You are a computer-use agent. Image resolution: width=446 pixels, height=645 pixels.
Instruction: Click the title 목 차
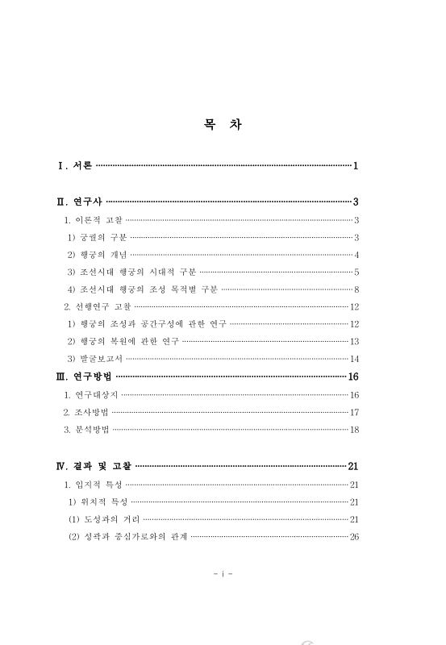point(223,126)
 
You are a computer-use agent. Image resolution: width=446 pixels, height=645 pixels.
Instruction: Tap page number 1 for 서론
point(355,166)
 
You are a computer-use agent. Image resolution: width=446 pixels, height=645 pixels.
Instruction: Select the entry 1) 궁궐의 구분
point(97,237)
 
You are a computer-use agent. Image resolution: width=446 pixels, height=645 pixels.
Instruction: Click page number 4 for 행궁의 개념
point(356,255)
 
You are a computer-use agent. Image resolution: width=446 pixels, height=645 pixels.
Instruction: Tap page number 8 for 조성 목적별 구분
point(356,289)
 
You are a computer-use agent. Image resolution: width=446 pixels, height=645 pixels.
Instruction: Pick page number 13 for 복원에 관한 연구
point(354,341)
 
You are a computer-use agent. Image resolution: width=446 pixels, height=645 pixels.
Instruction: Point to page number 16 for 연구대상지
point(354,394)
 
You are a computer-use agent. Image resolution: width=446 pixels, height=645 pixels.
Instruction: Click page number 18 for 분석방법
point(354,430)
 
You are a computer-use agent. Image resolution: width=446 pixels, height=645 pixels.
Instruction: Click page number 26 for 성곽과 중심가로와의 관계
point(354,536)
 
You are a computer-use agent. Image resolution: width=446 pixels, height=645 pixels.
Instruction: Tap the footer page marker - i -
point(223,574)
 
